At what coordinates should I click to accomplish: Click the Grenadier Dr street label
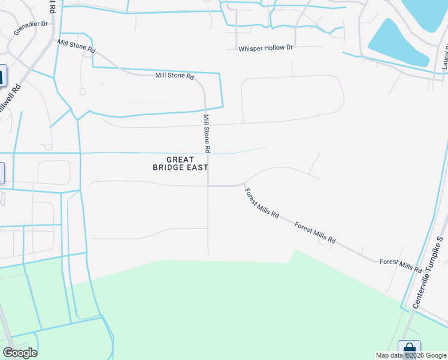pos(31,28)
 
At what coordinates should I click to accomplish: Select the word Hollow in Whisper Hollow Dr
pos(276,48)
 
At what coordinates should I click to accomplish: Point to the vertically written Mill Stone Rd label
pos(207,133)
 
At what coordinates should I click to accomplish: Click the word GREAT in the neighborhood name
pos(180,160)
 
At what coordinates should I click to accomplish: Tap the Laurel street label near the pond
pos(444,58)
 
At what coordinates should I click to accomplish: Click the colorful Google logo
pos(20,353)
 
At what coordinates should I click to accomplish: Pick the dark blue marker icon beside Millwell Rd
pos(2,76)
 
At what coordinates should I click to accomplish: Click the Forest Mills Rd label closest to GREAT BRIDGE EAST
pos(262,203)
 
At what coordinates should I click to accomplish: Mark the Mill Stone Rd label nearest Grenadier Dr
pos(76,45)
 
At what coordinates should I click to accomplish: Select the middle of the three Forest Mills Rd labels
pos(315,232)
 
